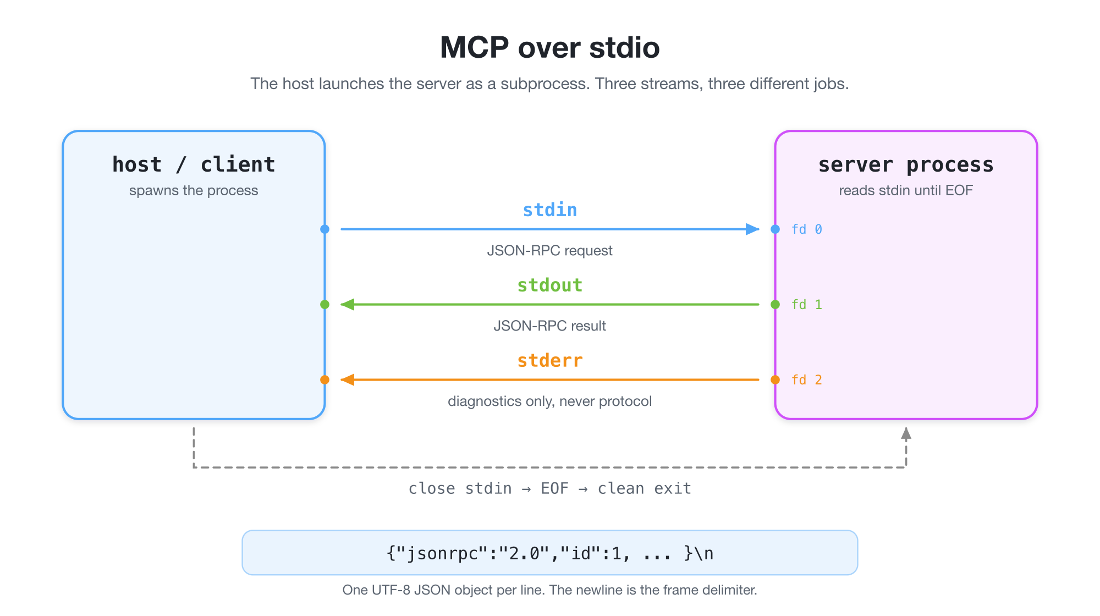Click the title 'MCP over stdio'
click(x=550, y=47)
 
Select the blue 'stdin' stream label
click(x=550, y=210)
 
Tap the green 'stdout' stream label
click(x=550, y=285)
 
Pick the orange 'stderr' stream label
click(x=550, y=360)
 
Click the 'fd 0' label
click(x=807, y=229)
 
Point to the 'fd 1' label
click(x=807, y=305)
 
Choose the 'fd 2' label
click(x=807, y=380)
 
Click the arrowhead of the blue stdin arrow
click(x=752, y=229)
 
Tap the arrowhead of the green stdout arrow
click(x=348, y=304)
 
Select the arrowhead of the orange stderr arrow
click(x=348, y=380)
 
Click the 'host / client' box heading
click(x=194, y=164)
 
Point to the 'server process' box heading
click(x=906, y=164)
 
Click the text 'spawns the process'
click(x=194, y=190)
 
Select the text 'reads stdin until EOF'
click(x=906, y=190)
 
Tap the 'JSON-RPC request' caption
click(x=550, y=251)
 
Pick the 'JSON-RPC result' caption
click(x=550, y=326)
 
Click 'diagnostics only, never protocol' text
click(x=550, y=402)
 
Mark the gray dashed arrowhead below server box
click(x=906, y=433)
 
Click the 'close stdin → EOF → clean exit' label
click(x=550, y=488)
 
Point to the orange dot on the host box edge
click(x=325, y=380)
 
